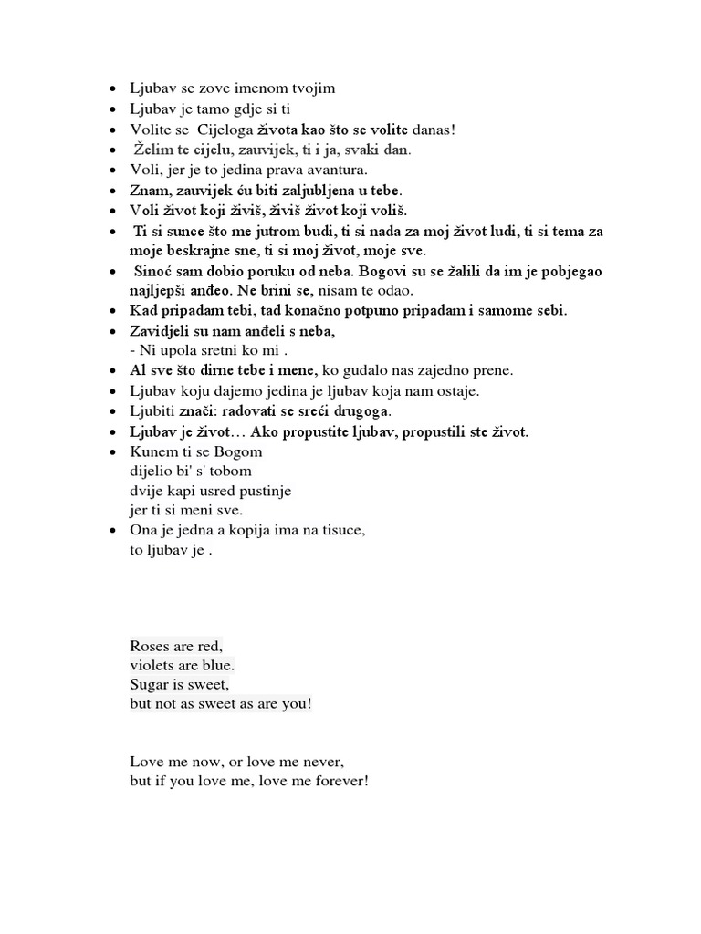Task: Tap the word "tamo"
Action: [x=209, y=109]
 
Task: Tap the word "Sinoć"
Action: [x=153, y=272]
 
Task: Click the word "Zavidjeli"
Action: [x=162, y=331]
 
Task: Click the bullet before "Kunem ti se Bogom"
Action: [x=112, y=451]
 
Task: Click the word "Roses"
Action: [x=149, y=646]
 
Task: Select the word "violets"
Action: [x=152, y=665]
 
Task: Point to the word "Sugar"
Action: [x=149, y=684]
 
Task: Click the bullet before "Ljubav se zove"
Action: [x=112, y=89]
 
